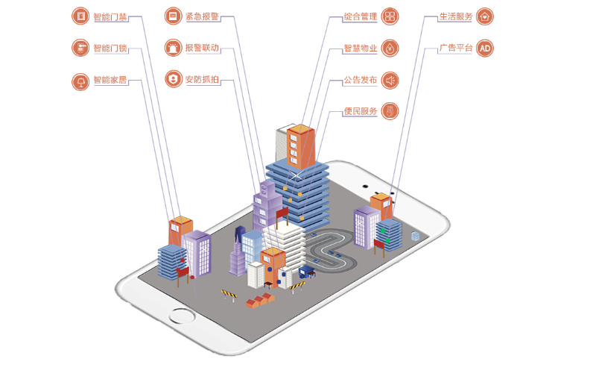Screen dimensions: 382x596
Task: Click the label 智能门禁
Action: (x=110, y=16)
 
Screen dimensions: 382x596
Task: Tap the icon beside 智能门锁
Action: (x=80, y=48)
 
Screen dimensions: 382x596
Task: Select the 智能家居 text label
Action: (x=110, y=79)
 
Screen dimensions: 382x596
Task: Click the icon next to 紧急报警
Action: (x=173, y=16)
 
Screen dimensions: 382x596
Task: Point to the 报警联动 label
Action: (x=203, y=48)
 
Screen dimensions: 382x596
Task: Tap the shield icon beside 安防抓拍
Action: (x=173, y=79)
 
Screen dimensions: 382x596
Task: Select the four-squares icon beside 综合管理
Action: (x=390, y=16)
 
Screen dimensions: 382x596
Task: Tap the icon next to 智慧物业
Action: (x=390, y=48)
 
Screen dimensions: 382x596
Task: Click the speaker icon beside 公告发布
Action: (x=390, y=80)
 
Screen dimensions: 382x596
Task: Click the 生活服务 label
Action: (x=455, y=16)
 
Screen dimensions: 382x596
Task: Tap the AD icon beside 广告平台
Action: (x=485, y=48)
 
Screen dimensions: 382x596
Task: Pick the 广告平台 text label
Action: (x=455, y=48)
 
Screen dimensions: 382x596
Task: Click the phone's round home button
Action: (x=180, y=316)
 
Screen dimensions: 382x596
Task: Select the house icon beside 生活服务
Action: (x=485, y=16)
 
